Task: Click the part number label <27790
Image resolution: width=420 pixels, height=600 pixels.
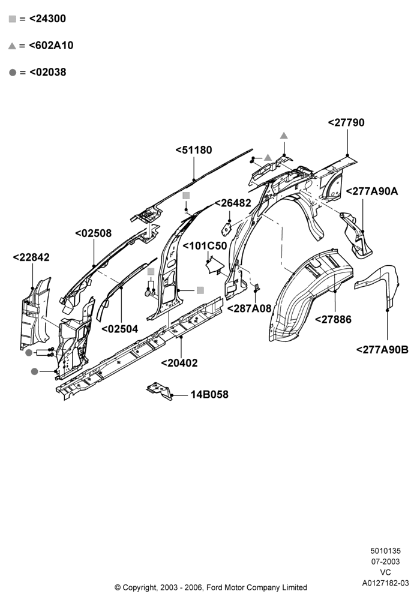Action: [346, 122]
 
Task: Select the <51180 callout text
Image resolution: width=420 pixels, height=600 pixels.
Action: [194, 149]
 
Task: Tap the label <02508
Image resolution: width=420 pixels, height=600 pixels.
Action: [94, 233]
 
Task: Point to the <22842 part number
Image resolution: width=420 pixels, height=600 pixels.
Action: [31, 257]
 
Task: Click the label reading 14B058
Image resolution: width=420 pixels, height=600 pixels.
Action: [209, 394]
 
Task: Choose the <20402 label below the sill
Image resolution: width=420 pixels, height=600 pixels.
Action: [179, 363]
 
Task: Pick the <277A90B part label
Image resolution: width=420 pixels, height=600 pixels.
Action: [382, 349]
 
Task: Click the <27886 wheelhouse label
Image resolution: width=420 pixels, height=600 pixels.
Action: [333, 319]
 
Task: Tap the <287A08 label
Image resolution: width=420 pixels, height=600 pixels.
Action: [250, 308]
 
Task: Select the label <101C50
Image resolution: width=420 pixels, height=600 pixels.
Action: [205, 245]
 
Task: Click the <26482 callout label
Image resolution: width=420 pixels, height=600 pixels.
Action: [233, 203]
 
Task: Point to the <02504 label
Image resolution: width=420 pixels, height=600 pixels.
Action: [120, 329]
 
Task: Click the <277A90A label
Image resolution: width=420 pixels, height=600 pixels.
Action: [372, 191]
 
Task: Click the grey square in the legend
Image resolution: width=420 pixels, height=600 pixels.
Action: [12, 19]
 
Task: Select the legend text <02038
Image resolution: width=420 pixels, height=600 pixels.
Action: [47, 72]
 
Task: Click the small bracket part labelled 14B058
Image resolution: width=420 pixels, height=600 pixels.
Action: [160, 391]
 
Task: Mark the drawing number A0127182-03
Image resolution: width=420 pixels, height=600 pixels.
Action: [386, 583]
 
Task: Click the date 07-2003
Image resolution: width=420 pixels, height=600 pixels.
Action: [386, 562]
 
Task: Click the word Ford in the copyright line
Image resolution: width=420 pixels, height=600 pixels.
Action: [215, 587]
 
